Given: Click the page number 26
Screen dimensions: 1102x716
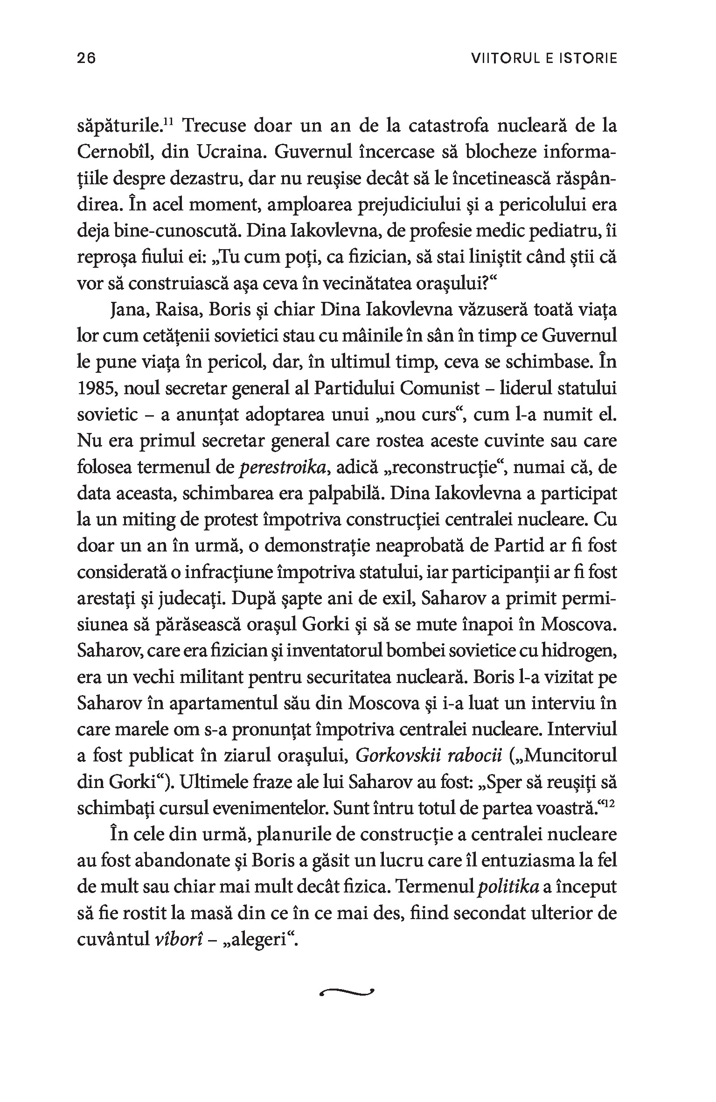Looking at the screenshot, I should point(86,58).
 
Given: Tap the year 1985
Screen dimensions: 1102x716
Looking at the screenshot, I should point(95,389).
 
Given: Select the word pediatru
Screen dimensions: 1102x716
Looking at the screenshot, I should point(547,231).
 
